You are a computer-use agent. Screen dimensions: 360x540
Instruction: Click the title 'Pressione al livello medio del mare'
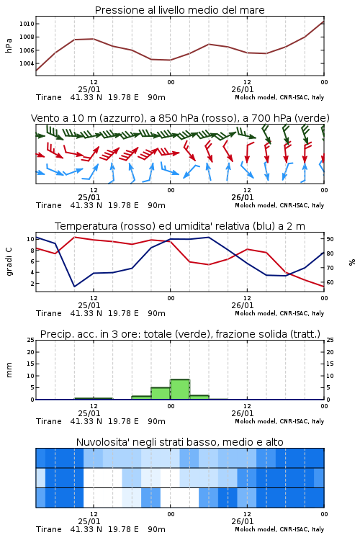click(179, 10)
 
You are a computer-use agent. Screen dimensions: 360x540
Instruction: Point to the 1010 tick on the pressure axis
click(27, 24)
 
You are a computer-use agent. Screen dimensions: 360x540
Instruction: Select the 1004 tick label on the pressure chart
click(27, 63)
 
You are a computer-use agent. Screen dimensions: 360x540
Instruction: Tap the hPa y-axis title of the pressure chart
click(9, 45)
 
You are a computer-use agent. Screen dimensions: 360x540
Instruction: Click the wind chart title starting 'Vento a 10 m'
click(180, 118)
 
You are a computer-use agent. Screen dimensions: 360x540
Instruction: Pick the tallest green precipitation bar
click(180, 389)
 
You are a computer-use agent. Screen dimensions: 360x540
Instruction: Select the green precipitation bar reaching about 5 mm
click(161, 393)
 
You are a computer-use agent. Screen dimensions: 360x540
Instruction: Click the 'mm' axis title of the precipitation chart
click(9, 370)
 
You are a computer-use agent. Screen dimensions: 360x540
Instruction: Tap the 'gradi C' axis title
click(9, 262)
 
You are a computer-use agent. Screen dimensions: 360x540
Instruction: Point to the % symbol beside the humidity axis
click(352, 262)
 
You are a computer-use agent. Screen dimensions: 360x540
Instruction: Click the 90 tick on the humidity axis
click(330, 239)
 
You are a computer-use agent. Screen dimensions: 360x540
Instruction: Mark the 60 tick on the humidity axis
click(330, 282)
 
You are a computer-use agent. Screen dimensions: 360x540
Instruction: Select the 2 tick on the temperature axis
click(32, 284)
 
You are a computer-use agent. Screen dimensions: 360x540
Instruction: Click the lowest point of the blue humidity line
click(74, 287)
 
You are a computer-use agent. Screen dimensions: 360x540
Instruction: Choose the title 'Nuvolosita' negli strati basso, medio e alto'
click(179, 442)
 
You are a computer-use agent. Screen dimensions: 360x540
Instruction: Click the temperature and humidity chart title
click(180, 226)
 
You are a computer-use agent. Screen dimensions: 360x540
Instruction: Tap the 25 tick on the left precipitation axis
click(31, 340)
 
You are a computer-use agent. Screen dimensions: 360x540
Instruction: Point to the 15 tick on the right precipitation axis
click(330, 364)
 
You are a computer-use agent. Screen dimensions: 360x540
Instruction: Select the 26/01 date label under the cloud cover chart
click(243, 521)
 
